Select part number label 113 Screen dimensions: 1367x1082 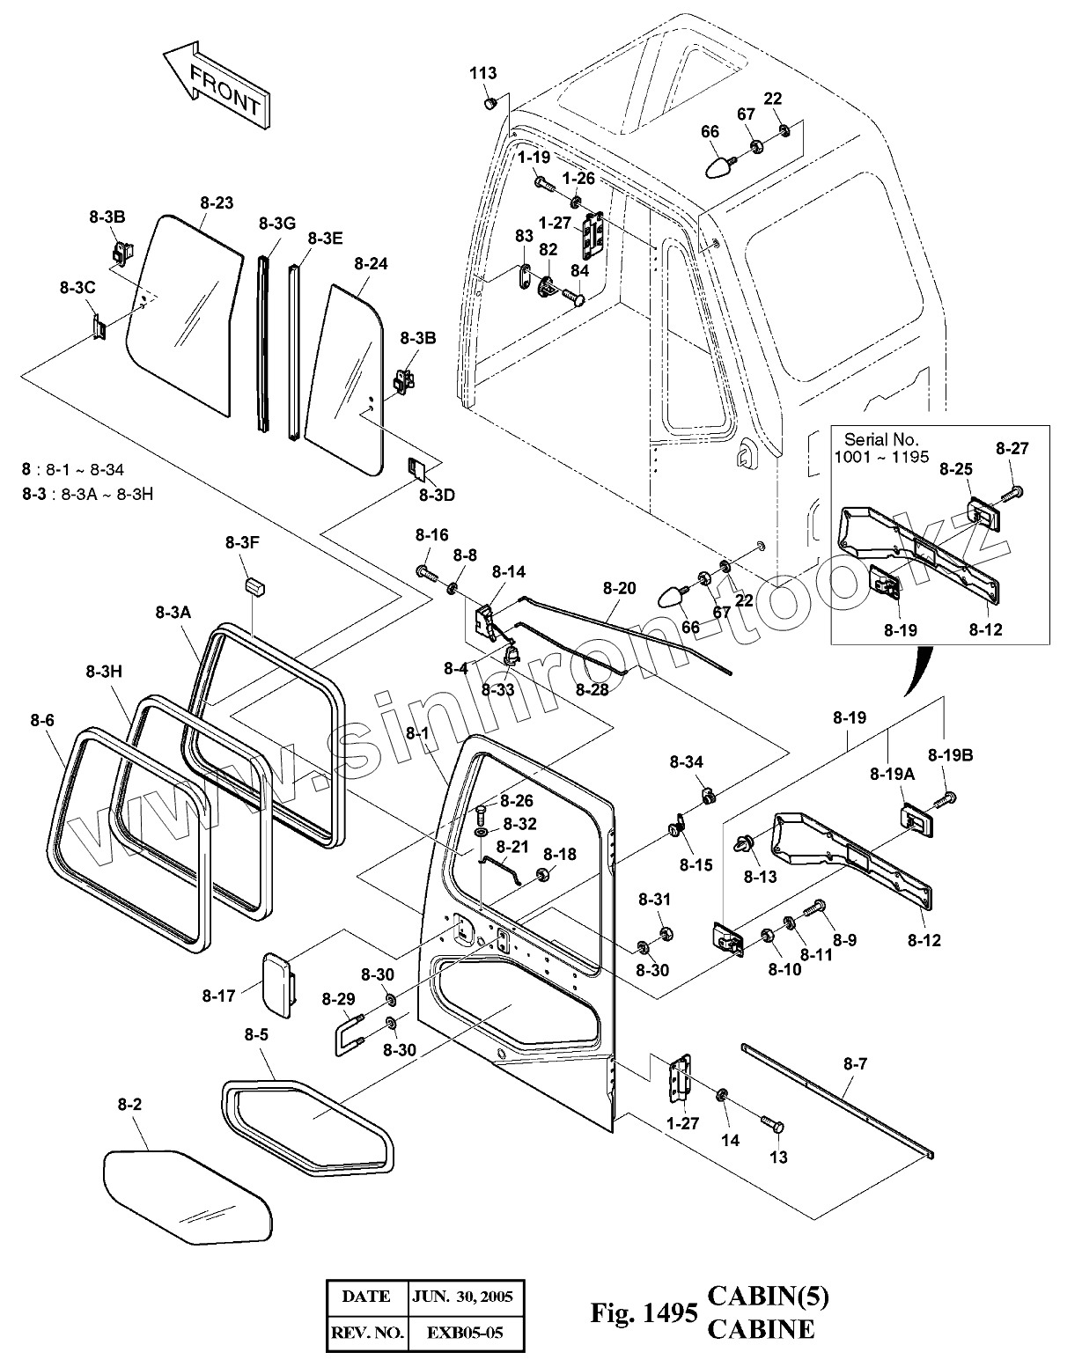(482, 73)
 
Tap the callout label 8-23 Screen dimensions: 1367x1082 (217, 202)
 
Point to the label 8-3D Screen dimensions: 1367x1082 (438, 495)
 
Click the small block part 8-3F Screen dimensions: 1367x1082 (254, 585)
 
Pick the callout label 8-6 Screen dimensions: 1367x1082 (42, 720)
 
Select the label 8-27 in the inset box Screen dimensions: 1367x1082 (1012, 448)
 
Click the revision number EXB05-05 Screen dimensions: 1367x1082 (465, 1332)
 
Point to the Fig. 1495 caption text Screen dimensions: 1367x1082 (644, 1313)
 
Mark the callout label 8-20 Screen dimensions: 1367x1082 (619, 588)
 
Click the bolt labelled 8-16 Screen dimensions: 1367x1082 (427, 573)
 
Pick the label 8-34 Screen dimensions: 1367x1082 (687, 761)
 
